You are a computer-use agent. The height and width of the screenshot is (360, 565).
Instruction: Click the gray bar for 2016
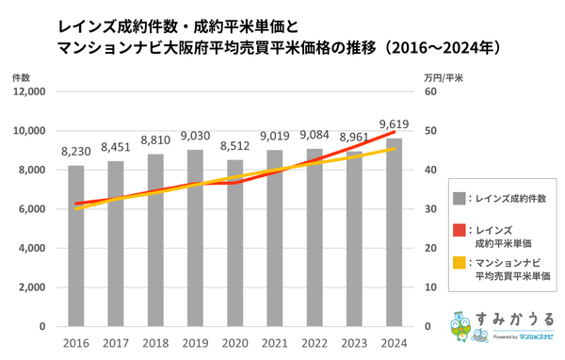[76, 246]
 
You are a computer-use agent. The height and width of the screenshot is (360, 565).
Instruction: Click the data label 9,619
[395, 123]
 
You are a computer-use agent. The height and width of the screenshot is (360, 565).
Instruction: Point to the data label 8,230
[76, 151]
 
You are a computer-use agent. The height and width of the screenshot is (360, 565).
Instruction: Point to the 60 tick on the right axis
[430, 92]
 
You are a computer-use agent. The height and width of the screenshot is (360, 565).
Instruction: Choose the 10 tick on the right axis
[430, 287]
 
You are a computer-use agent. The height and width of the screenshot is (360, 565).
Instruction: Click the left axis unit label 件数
[22, 75]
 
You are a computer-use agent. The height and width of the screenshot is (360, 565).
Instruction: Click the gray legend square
[460, 198]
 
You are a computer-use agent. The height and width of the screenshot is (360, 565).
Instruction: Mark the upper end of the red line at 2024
[395, 132]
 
